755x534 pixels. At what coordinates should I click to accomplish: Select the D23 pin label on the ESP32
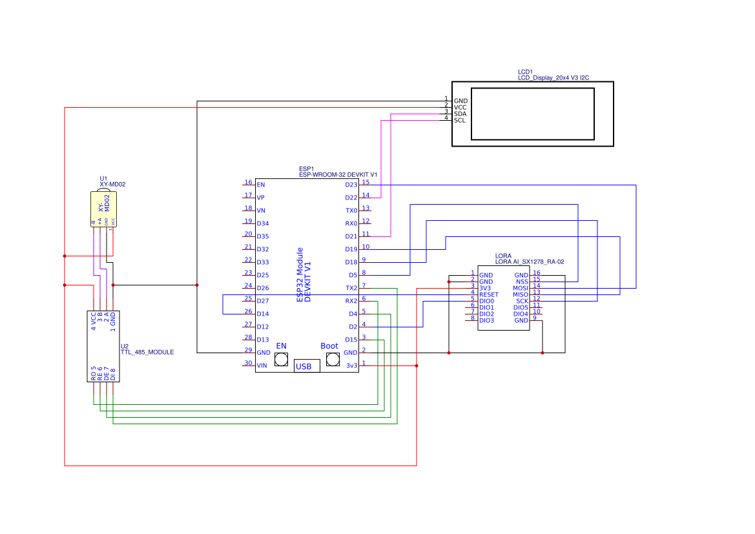tap(351, 185)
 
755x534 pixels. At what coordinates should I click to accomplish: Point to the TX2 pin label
tap(351, 288)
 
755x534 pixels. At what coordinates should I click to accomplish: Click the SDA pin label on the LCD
tap(460, 114)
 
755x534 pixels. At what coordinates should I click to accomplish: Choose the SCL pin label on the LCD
tap(460, 120)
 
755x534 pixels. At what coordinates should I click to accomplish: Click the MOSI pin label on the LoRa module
tap(521, 288)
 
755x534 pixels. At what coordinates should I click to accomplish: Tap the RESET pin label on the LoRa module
tap(489, 294)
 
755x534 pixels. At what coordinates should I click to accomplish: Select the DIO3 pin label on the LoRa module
tap(486, 320)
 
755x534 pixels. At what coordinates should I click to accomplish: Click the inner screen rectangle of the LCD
tap(533, 114)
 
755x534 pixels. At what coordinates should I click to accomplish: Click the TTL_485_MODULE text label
tap(147, 353)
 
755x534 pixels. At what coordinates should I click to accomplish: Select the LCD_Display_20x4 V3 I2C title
tap(553, 77)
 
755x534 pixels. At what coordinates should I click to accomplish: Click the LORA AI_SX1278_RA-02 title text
tap(530, 262)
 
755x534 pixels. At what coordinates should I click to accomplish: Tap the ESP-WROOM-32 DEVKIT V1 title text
tap(338, 174)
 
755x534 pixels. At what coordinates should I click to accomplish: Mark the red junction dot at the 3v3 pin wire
tap(417, 365)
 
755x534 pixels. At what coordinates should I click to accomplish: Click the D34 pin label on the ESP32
tap(263, 223)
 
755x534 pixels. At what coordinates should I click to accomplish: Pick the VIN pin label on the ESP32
tap(262, 365)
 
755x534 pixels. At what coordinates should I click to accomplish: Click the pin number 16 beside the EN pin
tap(248, 182)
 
